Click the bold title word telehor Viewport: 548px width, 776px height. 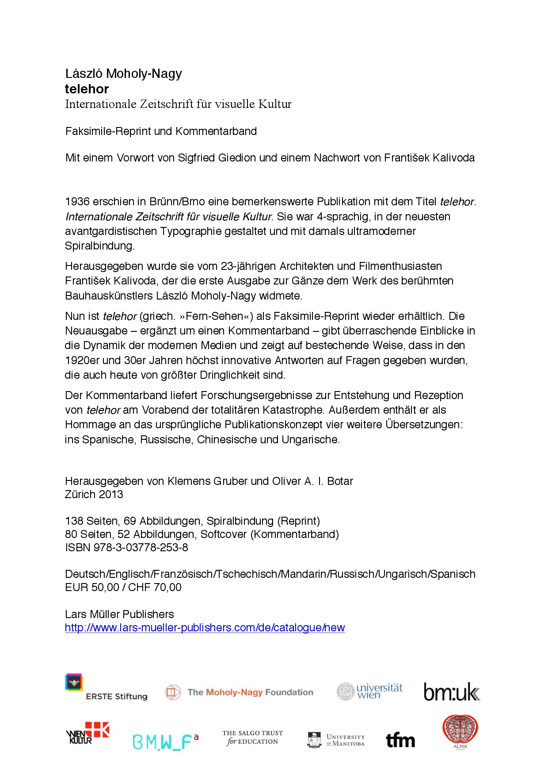point(87,89)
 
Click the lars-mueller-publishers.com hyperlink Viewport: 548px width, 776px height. point(205,627)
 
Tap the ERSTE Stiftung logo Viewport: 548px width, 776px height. point(106,688)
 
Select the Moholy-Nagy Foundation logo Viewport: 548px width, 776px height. point(239,692)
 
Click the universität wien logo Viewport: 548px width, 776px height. point(369,691)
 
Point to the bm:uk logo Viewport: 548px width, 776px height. point(452,692)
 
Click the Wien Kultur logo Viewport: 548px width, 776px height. point(88,733)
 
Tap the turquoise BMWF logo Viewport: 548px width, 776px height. point(165,741)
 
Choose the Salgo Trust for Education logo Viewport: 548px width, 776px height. point(252,738)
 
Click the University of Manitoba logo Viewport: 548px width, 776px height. point(336,740)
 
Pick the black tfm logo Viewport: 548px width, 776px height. point(400,740)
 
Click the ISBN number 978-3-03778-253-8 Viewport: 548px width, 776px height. point(141,547)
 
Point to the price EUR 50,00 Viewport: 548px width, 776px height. point(92,587)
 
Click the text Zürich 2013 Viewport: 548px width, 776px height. point(94,494)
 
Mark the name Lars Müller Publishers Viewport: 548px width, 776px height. point(119,614)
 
